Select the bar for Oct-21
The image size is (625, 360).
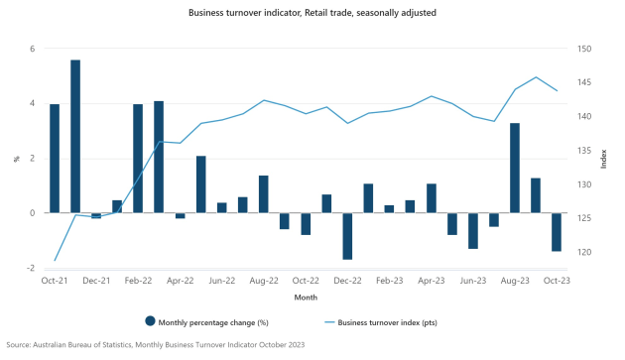(55, 158)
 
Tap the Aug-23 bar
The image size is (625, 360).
(515, 168)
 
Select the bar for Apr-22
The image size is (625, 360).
(181, 215)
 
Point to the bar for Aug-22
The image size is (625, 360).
(264, 194)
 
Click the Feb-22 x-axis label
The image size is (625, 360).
(138, 282)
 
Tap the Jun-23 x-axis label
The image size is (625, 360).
(473, 282)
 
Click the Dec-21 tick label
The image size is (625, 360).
(96, 282)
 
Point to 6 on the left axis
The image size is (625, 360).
(33, 49)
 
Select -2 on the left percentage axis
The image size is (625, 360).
(31, 268)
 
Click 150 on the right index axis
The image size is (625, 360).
(584, 49)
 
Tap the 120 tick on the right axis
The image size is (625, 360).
(584, 253)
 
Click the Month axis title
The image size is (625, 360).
(306, 297)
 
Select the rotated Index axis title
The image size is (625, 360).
(603, 159)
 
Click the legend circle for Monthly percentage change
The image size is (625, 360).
(151, 320)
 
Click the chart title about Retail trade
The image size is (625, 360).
(306, 14)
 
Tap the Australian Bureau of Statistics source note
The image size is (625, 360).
(155, 345)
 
